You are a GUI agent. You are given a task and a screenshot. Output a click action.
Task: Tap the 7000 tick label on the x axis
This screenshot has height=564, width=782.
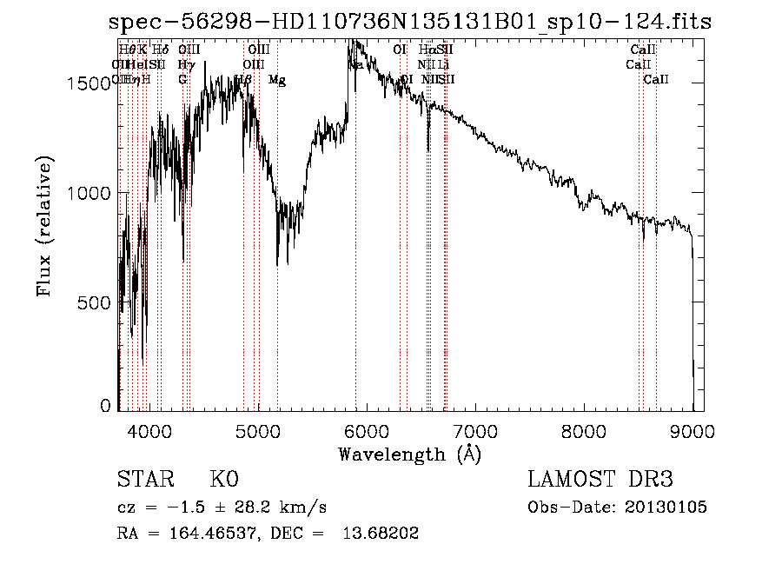[474, 430]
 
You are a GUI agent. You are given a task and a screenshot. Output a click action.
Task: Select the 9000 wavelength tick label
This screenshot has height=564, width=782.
[692, 430]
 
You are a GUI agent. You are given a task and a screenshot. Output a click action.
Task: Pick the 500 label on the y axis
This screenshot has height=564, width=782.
[98, 303]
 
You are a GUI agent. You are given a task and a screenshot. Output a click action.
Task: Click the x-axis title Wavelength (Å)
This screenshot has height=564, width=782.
[409, 454]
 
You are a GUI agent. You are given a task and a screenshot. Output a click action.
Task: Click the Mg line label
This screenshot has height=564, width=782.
[277, 80]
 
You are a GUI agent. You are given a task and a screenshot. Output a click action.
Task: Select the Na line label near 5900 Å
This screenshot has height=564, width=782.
[356, 65]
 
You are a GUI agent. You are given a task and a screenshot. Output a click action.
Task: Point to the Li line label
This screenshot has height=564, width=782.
[443, 65]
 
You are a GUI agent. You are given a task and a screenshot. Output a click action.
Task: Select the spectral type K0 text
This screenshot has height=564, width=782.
[223, 480]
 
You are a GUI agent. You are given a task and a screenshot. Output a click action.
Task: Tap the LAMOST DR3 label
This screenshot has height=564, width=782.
[600, 480]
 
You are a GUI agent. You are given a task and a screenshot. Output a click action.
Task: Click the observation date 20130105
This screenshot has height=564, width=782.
[666, 507]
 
